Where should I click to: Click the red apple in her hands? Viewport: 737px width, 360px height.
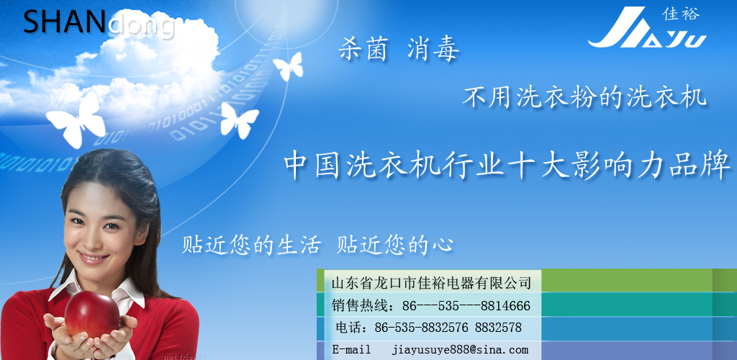pyautogui.click(x=91, y=314)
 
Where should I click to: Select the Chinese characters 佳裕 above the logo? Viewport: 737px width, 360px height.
pyautogui.click(x=681, y=14)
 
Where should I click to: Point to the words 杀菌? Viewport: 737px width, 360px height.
pyautogui.click(x=363, y=50)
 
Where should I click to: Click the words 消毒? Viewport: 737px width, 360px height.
pyautogui.click(x=433, y=50)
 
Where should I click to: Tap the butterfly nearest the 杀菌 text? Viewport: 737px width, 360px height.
pyautogui.click(x=288, y=66)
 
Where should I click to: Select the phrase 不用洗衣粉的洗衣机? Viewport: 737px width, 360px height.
pyautogui.click(x=584, y=97)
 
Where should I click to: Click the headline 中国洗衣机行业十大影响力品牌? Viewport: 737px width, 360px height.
pyautogui.click(x=507, y=166)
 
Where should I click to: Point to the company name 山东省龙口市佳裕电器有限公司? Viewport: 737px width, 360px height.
pyautogui.click(x=431, y=282)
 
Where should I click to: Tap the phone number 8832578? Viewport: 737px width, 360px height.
pyautogui.click(x=498, y=328)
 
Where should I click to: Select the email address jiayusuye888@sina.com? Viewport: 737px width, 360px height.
pyautogui.click(x=460, y=350)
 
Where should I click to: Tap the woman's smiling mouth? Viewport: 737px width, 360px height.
pyautogui.click(x=93, y=258)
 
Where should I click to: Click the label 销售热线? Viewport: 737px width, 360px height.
pyautogui.click(x=361, y=307)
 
